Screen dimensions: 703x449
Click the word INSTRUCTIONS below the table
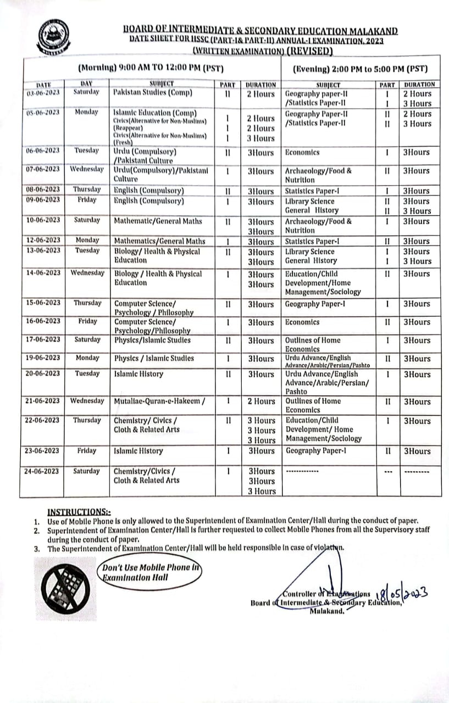pos(77,510)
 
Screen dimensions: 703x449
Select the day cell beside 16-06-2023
pos(87,321)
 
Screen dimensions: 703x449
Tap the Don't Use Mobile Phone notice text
pos(152,572)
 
